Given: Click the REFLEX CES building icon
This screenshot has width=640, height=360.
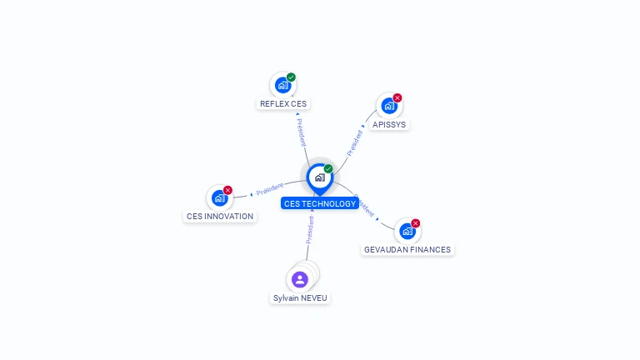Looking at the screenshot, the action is pos(282,85).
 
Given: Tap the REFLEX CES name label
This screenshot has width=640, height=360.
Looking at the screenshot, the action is pos(283,103).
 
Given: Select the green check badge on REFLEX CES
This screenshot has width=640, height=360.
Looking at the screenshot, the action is pos(291,77).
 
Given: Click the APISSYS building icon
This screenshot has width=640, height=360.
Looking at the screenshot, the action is pos(389,106).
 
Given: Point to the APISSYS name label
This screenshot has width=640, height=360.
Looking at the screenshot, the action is pos(389,124).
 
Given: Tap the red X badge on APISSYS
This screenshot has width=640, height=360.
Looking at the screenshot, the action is pos(397,98).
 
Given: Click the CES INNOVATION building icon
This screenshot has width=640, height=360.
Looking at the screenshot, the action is pos(220,198).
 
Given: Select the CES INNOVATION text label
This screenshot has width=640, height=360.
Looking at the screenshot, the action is pos(220,217).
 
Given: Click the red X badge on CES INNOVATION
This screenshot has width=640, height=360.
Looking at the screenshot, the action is pos(227,190).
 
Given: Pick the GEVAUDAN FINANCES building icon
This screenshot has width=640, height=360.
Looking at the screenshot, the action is pos(407,232).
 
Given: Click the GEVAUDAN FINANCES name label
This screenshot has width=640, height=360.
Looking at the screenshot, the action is pos(407,249).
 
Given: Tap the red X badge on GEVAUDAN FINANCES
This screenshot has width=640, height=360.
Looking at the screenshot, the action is pos(416,223).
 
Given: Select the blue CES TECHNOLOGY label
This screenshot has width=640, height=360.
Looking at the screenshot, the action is pos(320,203).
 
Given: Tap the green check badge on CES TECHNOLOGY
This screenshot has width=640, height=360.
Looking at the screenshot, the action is pos(328,168).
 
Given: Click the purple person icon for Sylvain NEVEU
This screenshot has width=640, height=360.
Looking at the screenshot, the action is pos(300,280).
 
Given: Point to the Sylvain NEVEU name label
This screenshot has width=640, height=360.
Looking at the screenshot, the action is pos(300,298).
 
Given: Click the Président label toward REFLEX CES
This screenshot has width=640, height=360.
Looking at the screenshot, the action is pos(301,132).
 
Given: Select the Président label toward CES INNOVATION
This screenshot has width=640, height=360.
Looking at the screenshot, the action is pos(270,189).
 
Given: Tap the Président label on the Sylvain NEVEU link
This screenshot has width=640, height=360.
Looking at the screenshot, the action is pos(310,230).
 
